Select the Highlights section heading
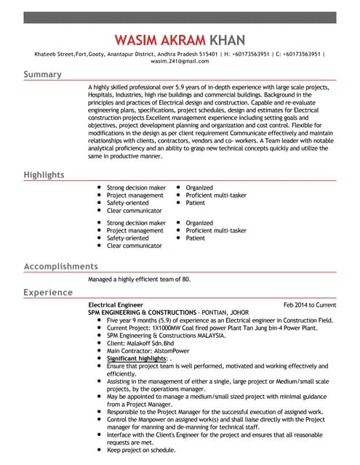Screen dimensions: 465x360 click(x=44, y=175)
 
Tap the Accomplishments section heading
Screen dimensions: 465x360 click(x=60, y=267)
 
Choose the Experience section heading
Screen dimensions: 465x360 click(x=48, y=293)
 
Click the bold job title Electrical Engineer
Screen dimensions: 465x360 click(x=116, y=305)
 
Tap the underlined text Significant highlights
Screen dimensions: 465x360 click(x=136, y=358)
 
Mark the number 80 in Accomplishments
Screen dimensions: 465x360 click(x=185, y=279)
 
